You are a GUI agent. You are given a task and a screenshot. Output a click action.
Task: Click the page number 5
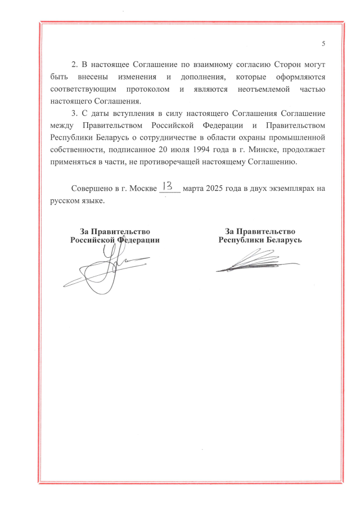(x=323, y=44)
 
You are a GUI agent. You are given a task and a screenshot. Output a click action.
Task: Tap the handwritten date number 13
(x=168, y=186)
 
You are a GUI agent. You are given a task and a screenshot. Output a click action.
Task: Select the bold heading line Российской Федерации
(x=115, y=239)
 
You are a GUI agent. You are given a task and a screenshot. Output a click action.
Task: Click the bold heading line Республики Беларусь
(x=260, y=239)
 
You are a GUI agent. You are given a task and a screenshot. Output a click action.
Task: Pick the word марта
(x=193, y=189)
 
